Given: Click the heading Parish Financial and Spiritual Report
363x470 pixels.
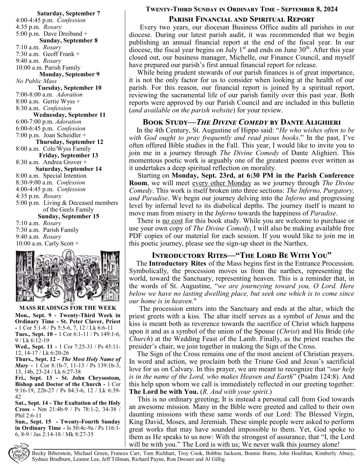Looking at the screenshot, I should click(241, 20).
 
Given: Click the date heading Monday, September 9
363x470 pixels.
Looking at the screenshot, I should click(69, 74).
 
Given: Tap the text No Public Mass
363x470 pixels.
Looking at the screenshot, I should click(36, 81).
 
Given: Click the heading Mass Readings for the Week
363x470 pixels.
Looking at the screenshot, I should click(68, 308).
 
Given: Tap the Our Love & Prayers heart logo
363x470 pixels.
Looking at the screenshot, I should click(19, 454).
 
